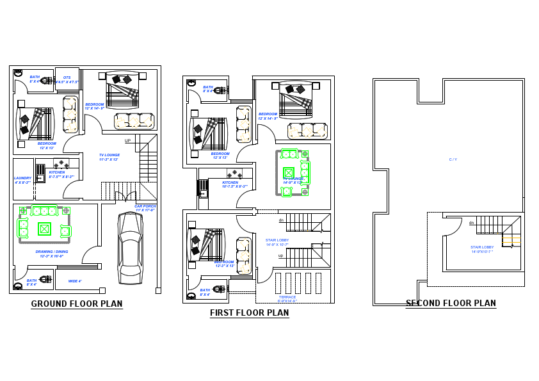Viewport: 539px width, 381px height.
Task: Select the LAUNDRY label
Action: click(22, 180)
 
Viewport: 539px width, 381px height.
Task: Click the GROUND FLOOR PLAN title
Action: click(77, 304)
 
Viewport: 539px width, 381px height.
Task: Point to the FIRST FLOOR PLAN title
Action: click(249, 313)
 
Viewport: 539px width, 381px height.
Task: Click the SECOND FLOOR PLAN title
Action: click(451, 304)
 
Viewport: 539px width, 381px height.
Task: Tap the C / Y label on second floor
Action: click(453, 159)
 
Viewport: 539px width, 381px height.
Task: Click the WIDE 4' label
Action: click(75, 281)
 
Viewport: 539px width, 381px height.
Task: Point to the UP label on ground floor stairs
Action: click(127, 141)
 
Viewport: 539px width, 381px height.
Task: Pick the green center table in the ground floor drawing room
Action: click(44, 229)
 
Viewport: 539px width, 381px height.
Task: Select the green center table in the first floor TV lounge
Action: click(289, 172)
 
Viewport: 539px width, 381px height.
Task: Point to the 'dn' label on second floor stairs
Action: click(471, 223)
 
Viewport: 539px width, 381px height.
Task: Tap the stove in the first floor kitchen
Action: click(234, 173)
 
